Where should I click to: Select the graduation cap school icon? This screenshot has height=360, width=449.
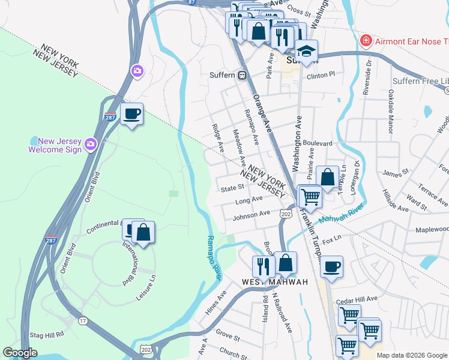click(x=307, y=50)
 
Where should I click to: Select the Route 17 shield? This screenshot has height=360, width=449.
click(x=82, y=321)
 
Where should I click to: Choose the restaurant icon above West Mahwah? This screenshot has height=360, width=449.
click(x=263, y=265)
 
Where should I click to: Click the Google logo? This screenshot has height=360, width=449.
click(x=20, y=353)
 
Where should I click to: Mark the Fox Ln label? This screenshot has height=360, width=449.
click(x=331, y=241)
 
